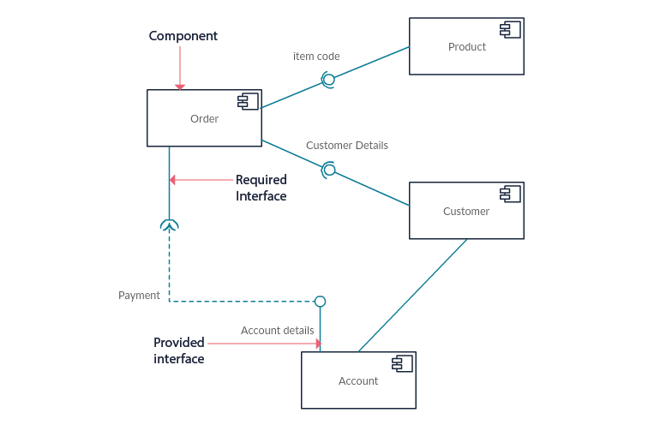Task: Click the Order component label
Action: coord(204,119)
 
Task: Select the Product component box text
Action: coord(466,47)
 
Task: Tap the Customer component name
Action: coord(466,212)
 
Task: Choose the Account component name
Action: coord(358,381)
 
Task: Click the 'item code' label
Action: coord(316,57)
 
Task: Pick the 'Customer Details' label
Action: coord(347,146)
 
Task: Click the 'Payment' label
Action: coord(139,296)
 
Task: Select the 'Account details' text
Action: coord(277,331)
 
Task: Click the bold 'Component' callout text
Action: coord(183,36)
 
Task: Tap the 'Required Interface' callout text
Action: coord(261,188)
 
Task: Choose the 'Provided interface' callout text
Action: coord(179,350)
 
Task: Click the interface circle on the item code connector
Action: coord(328,80)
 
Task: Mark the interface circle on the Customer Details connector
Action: coord(329,170)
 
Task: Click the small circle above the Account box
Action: coord(320,301)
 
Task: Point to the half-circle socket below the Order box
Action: coord(169,225)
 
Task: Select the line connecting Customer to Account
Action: coord(412,295)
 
